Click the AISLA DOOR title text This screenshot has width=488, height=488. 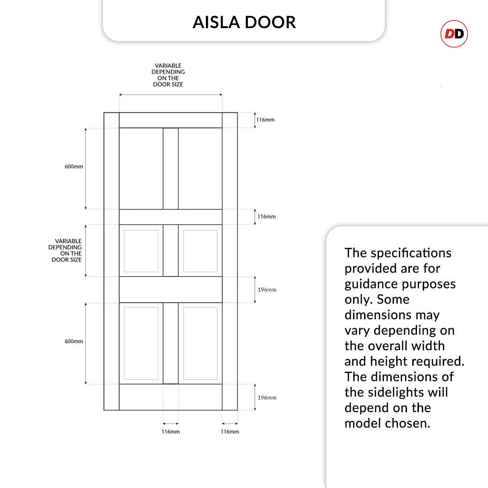[x=244, y=22]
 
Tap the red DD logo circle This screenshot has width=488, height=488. [x=454, y=34]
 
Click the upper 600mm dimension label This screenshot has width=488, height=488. [x=74, y=167]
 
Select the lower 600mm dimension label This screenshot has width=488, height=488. [x=74, y=341]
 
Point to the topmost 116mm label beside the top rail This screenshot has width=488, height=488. [x=265, y=120]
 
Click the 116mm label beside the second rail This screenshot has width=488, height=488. [x=266, y=216]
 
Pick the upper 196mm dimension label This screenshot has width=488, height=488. [x=267, y=290]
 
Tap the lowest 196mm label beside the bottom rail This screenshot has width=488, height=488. [x=267, y=397]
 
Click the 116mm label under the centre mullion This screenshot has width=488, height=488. [x=171, y=432]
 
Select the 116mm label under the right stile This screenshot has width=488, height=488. [x=230, y=432]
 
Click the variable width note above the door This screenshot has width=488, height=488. [x=168, y=75]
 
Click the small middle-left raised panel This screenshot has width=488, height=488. [x=141, y=251]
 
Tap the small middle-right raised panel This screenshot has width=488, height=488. [x=200, y=251]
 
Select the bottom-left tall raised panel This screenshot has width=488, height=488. [x=141, y=343]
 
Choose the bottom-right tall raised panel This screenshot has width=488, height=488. [x=200, y=343]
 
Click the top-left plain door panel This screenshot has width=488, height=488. [x=141, y=168]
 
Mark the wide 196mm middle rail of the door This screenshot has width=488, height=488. [x=171, y=289]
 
